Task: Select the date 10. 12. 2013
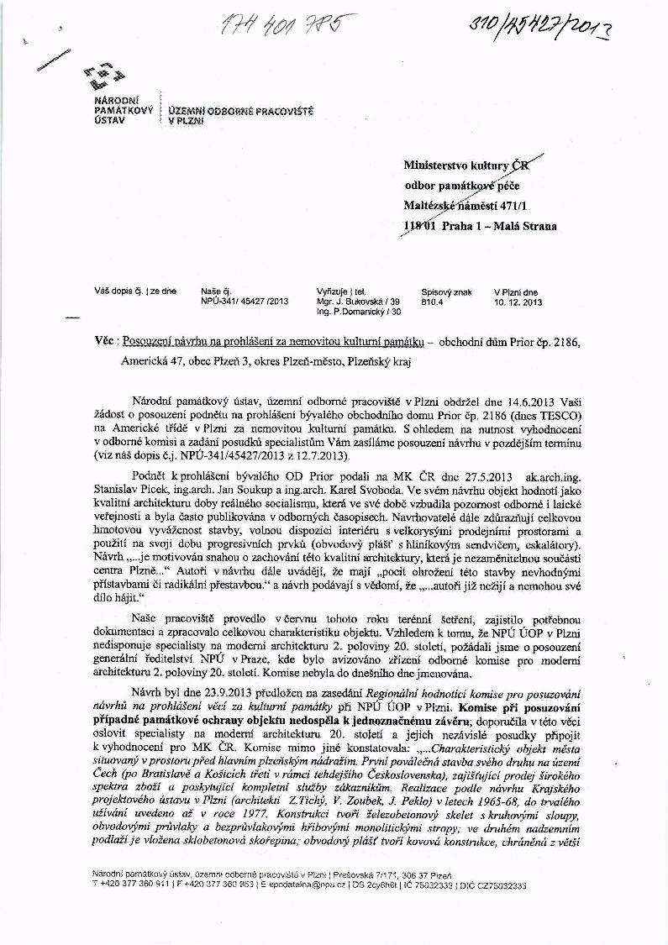point(518,301)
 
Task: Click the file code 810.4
point(432,301)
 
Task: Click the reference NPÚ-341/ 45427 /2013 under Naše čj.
point(245,301)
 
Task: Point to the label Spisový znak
point(446,291)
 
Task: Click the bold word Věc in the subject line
point(105,344)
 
